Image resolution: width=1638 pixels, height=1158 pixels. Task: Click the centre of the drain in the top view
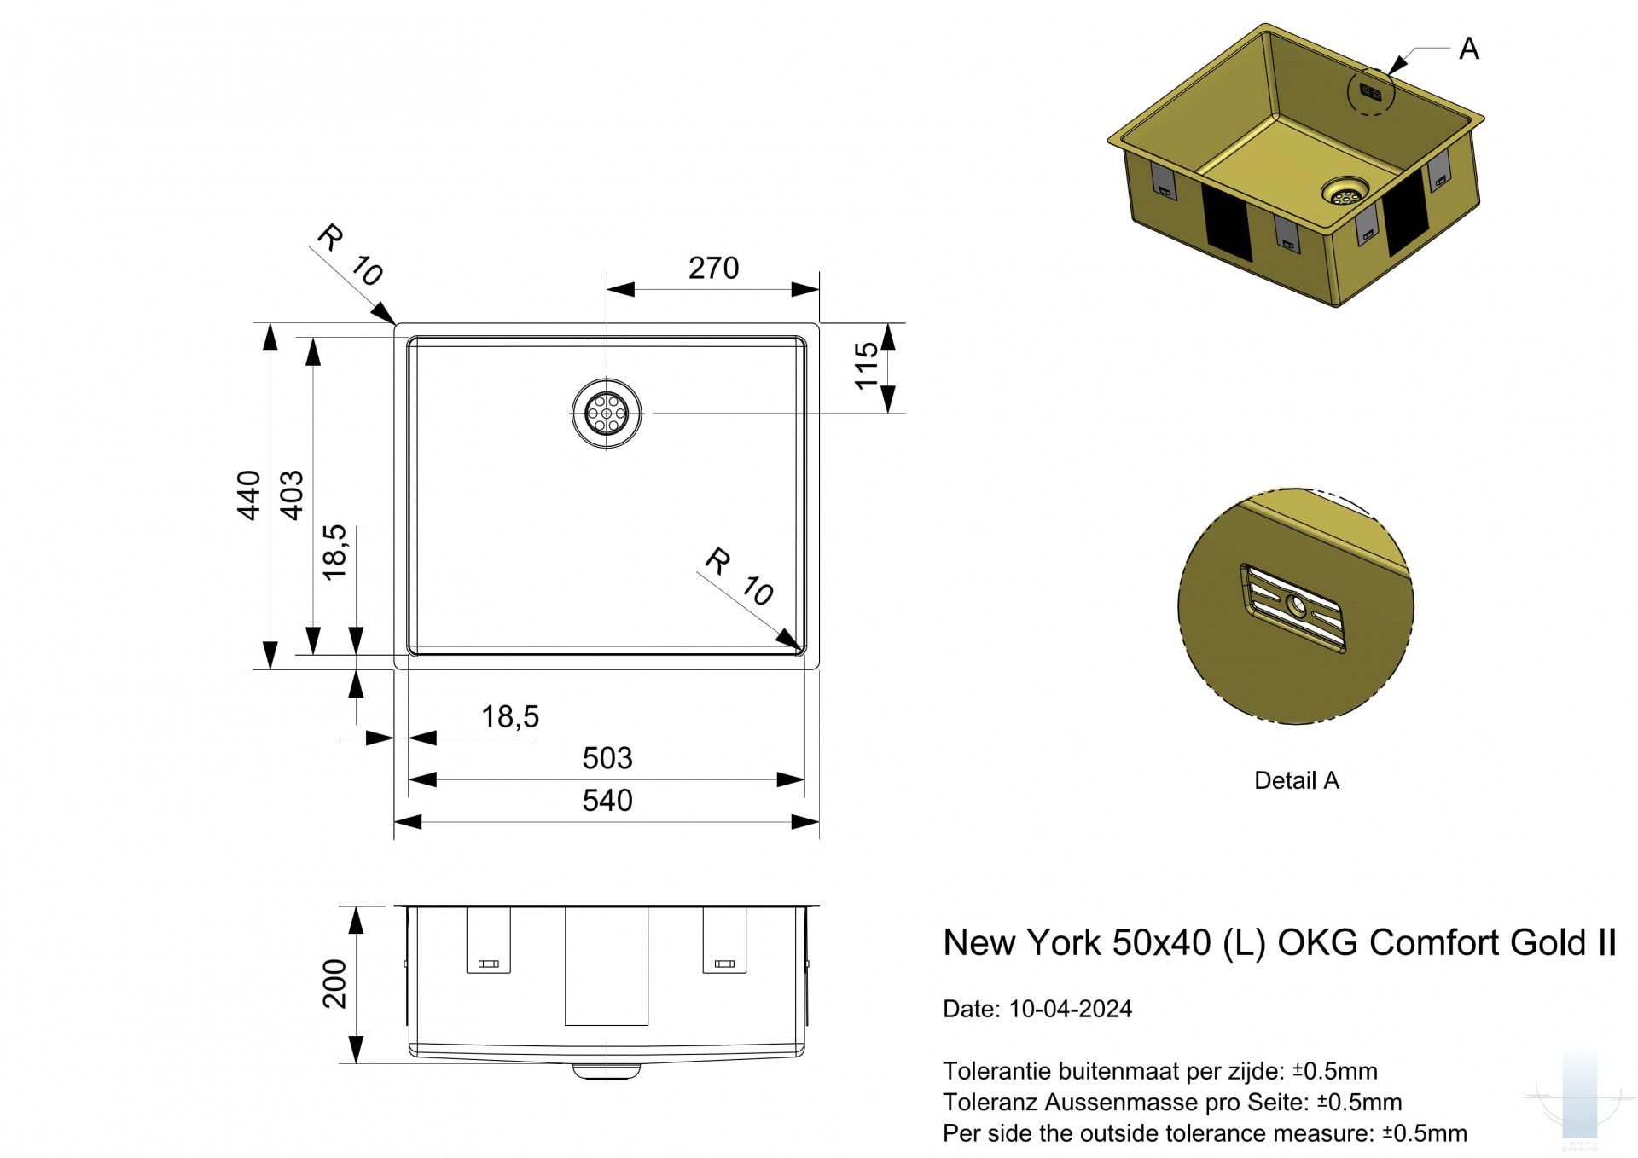(606, 413)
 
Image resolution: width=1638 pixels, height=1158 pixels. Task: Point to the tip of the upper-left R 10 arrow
(395, 325)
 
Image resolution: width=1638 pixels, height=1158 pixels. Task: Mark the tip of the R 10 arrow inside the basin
(803, 652)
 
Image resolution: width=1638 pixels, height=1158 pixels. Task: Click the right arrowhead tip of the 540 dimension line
(819, 822)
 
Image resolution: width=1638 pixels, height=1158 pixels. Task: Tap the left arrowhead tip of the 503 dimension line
(409, 779)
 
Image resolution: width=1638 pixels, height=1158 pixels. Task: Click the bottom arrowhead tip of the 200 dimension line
(356, 1063)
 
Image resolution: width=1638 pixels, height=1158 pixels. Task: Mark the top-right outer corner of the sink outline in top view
(818, 324)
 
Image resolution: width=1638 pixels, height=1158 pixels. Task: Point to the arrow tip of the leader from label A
(1389, 73)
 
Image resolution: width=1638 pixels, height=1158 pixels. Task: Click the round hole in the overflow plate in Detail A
(1297, 606)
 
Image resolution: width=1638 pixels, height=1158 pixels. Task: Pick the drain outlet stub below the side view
(606, 1071)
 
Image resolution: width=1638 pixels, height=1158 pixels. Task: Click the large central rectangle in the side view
(607, 966)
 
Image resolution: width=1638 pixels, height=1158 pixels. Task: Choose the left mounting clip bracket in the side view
(488, 940)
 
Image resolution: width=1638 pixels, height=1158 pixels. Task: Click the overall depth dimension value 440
(248, 495)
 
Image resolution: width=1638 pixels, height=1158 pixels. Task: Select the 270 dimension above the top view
(713, 269)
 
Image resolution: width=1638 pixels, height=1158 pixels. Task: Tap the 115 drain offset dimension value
(866, 366)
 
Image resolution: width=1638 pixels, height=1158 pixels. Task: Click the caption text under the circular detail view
(1297, 780)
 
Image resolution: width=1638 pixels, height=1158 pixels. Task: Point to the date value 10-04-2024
(1070, 1009)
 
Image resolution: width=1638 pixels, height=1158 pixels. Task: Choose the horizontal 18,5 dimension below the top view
(510, 717)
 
